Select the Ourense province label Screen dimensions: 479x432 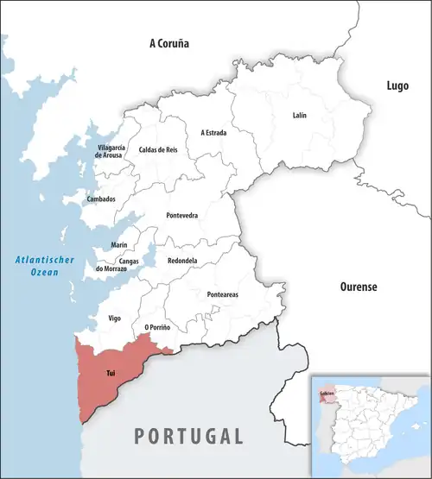(356, 287)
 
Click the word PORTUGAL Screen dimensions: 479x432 (187, 435)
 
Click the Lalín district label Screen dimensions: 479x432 (299, 115)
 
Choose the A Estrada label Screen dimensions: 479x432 (215, 133)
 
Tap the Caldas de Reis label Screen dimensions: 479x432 (157, 150)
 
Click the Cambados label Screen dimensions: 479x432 (101, 199)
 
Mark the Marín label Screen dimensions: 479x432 (119, 246)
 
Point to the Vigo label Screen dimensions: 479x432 (114, 318)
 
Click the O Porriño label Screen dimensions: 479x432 (157, 328)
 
